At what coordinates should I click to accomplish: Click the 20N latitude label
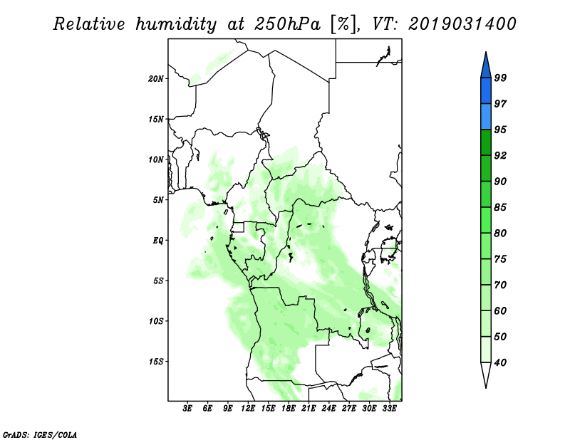pos(155,79)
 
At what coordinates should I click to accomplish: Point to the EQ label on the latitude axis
pos(157,241)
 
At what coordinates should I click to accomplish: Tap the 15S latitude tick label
pos(155,362)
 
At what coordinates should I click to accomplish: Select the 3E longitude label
pos(187,408)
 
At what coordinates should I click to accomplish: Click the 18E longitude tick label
pos(289,408)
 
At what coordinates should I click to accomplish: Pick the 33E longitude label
pos(389,408)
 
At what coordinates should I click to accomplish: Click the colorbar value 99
pos(500,78)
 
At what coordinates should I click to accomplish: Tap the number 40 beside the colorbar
pos(500,362)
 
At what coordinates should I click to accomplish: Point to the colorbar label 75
pos(500,259)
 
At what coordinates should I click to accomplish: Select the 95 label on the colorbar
pos(500,130)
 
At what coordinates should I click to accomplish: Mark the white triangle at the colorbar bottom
pos(486,374)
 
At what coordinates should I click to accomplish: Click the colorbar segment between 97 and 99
pos(486,91)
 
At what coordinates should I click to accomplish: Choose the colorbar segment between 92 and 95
pos(486,142)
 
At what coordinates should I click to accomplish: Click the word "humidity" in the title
pos(176,25)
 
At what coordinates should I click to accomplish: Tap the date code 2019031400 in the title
pos(462,24)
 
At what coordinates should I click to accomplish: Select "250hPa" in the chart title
pos(287,24)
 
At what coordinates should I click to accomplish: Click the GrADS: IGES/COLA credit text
pos(40,434)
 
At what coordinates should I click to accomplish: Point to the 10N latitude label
pos(155,159)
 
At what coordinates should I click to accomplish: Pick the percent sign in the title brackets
pos(343,24)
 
